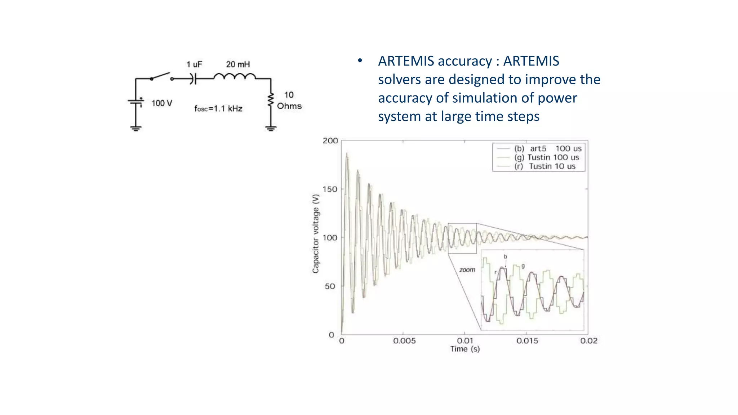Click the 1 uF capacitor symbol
(194, 79)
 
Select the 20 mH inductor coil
(235, 76)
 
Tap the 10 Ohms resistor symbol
(271, 100)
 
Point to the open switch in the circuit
(162, 76)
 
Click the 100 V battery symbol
(136, 102)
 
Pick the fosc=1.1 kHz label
(218, 108)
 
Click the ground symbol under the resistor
(271, 128)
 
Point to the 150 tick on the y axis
(330, 189)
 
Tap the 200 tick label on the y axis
(330, 140)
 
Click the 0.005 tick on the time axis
(404, 341)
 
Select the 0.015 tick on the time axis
(527, 341)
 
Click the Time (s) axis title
(465, 349)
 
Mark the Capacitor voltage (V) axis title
(316, 233)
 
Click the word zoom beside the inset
(467, 270)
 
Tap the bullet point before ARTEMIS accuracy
(360, 61)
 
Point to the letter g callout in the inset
(523, 266)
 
